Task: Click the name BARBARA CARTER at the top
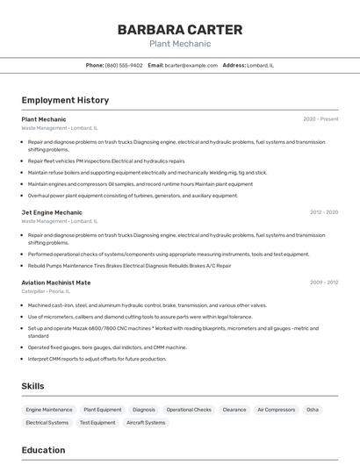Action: pos(180,29)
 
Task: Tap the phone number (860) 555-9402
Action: pos(124,65)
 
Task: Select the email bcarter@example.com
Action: pos(191,65)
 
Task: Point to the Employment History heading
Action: pos(65,100)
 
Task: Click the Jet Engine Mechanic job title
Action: pos(52,212)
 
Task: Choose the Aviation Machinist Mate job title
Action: pos(56,283)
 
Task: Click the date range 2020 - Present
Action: pos(320,118)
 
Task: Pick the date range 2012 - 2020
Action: pos(323,212)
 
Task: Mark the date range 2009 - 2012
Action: pos(323,283)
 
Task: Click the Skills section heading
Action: pos(32,386)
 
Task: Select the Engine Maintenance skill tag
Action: pos(49,410)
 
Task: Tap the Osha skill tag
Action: pos(313,410)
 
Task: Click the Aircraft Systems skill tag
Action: pos(146,423)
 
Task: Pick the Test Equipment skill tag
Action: pos(97,423)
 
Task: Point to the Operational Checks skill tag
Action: pos(189,410)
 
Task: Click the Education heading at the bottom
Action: pos(43,450)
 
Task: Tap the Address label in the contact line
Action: pos(234,65)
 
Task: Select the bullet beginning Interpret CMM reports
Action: pos(97,359)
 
